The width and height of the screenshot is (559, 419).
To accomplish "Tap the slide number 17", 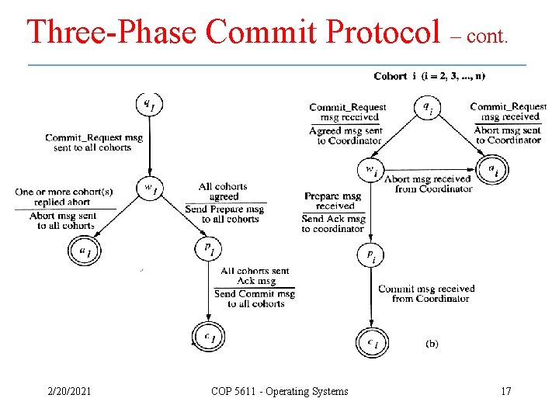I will pyautogui.click(x=505, y=391).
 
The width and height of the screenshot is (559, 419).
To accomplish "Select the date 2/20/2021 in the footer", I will pyautogui.click(x=68, y=391).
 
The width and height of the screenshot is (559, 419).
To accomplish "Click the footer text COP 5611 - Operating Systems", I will pyautogui.click(x=279, y=391).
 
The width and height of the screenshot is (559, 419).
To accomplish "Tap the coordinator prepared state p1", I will pyautogui.click(x=208, y=249).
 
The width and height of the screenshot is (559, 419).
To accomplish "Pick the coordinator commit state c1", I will pyautogui.click(x=208, y=336).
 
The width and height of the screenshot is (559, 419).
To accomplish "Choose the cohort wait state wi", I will pyautogui.click(x=371, y=169).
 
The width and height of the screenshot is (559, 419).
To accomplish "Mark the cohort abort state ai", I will pyautogui.click(x=492, y=169).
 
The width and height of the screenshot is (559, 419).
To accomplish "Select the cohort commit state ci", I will pyautogui.click(x=372, y=341).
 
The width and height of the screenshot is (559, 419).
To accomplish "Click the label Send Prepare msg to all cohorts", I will pyautogui.click(x=225, y=214).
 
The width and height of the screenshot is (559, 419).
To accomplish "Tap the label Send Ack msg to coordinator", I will pyautogui.click(x=333, y=224).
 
